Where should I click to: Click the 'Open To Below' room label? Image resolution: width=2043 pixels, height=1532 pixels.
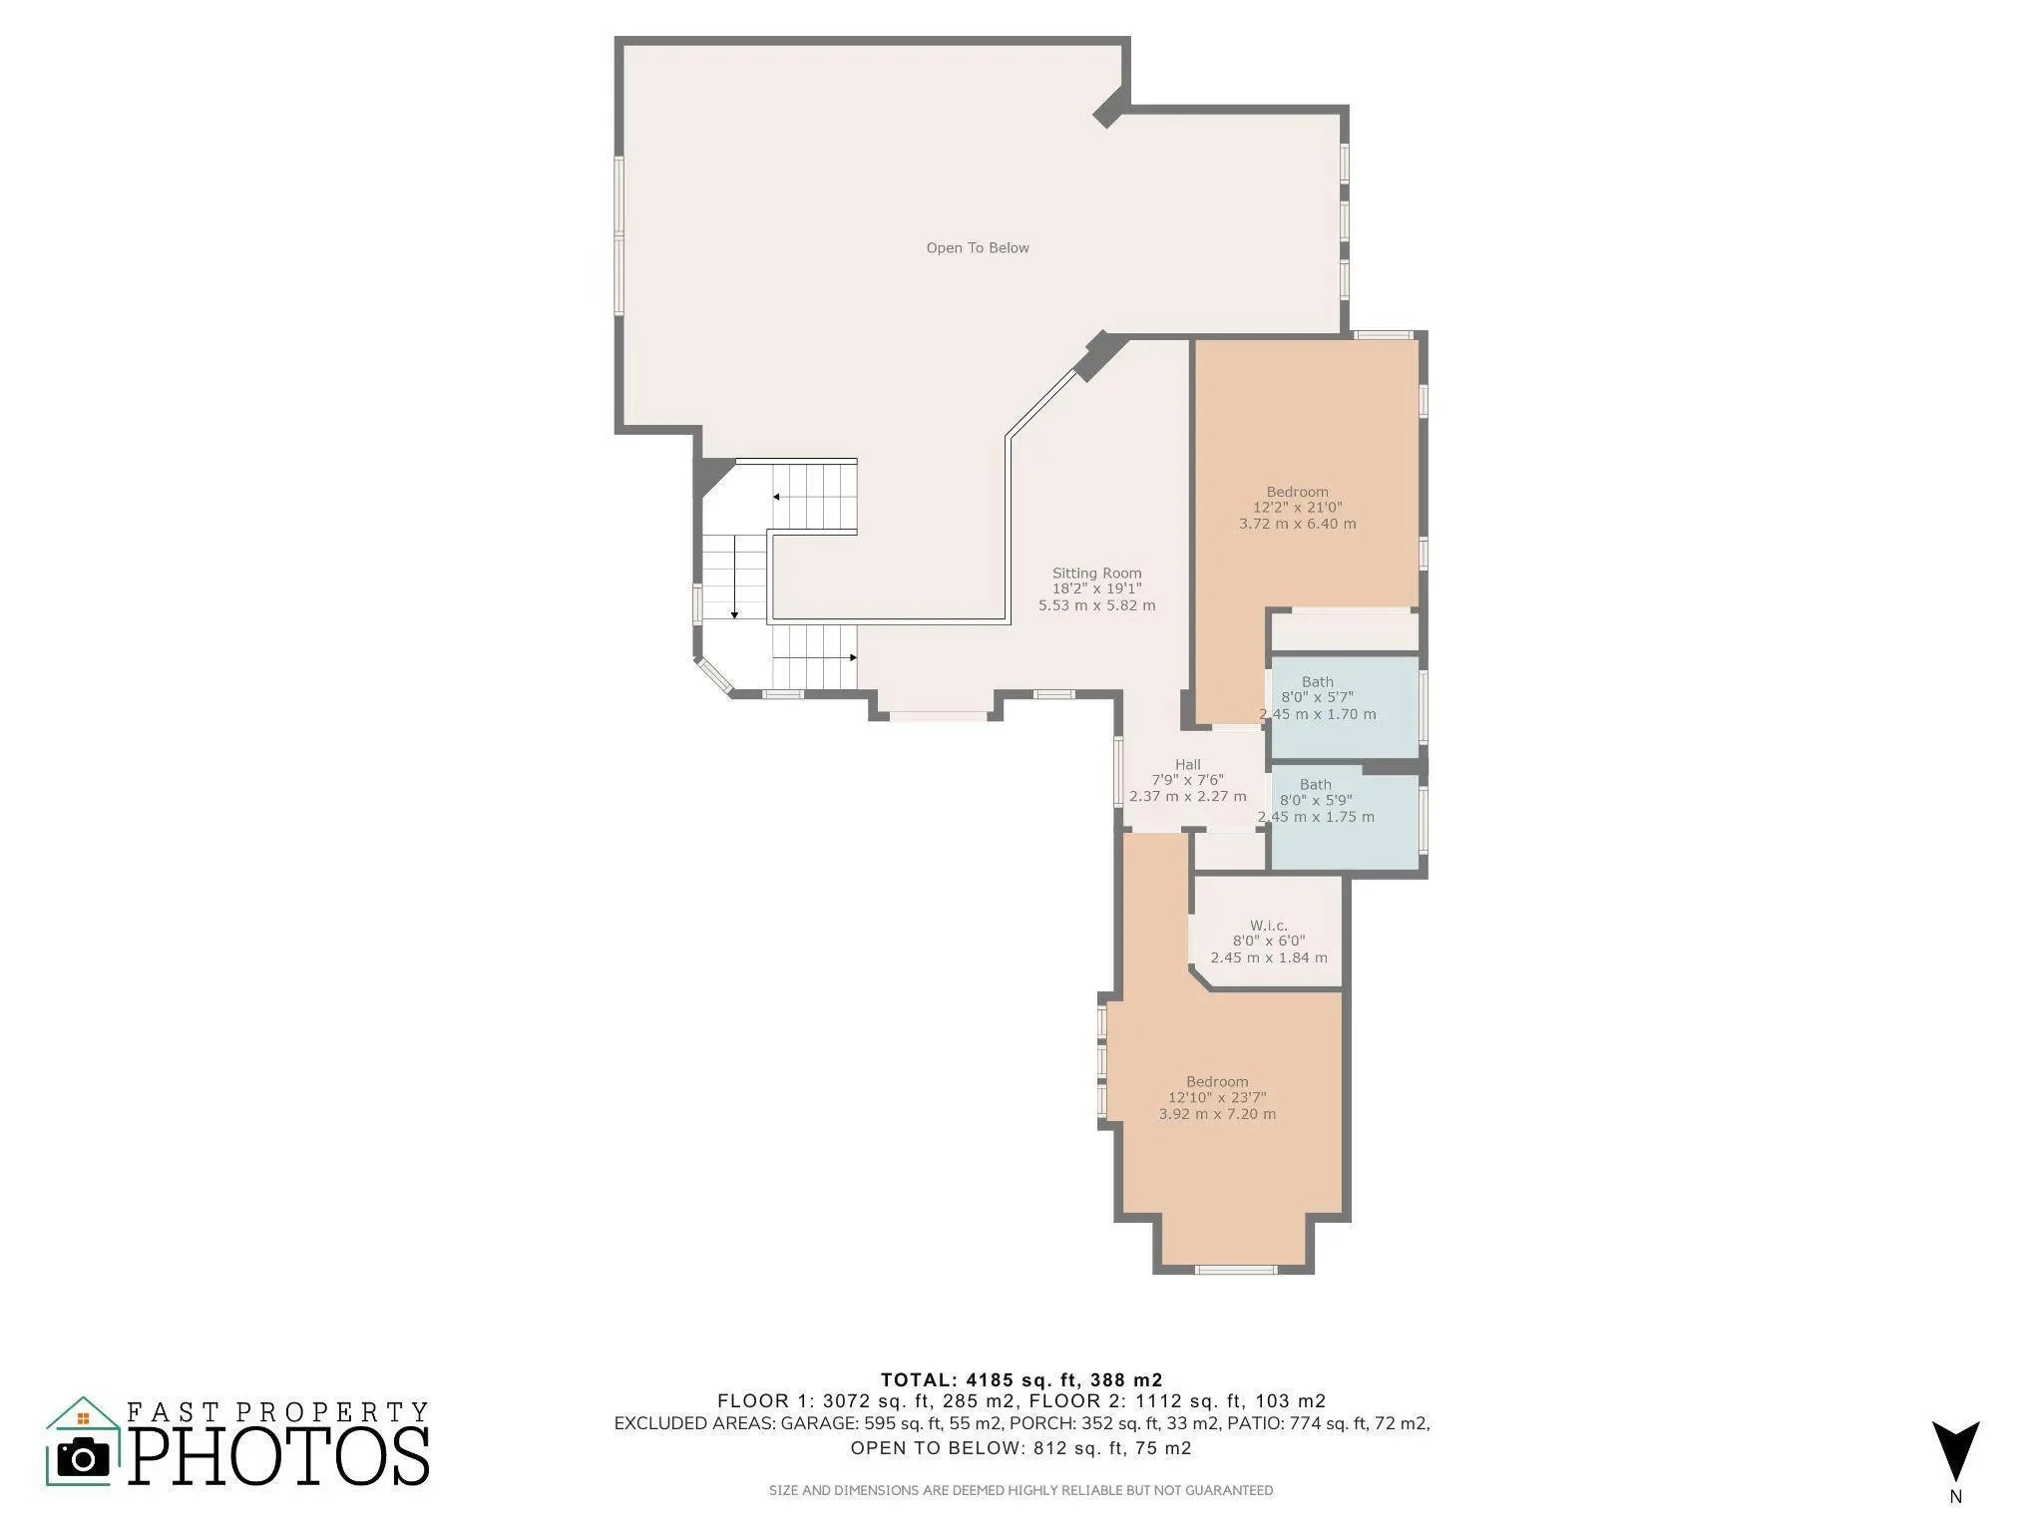coord(978,248)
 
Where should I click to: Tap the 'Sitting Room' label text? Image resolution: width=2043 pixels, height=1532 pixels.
coord(1097,574)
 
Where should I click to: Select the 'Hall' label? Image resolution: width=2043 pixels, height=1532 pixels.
coord(1188,765)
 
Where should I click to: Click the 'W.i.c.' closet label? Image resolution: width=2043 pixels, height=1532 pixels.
coord(1269,926)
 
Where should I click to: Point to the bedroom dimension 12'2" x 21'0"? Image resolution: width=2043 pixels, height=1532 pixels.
coord(1298,508)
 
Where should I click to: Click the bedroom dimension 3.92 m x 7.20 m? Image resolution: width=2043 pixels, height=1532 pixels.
coord(1218,1114)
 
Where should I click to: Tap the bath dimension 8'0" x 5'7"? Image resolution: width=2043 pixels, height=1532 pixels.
coord(1318,698)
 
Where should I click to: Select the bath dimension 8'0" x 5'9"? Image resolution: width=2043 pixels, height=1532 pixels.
coord(1316,801)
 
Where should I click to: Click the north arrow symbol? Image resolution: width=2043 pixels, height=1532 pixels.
coord(1955,1451)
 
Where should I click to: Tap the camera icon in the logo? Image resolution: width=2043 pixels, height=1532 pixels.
coord(83,1458)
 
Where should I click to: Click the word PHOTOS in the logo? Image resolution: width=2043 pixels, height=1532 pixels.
coord(279,1455)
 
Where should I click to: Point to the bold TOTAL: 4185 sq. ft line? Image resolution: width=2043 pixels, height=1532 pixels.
coord(1021,1380)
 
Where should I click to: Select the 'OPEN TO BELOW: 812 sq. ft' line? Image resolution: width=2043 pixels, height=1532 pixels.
coord(1021,1448)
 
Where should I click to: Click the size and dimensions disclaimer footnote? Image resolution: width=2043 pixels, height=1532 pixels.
coord(1021,1490)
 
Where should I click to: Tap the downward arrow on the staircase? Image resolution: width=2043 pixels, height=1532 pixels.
coord(735,576)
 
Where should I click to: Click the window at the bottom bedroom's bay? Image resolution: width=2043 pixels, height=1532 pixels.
coord(1236,1270)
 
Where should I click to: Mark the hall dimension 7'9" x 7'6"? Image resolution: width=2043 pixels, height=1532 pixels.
coord(1188,780)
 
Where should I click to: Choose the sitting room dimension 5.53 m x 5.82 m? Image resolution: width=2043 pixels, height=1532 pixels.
coord(1097,605)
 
